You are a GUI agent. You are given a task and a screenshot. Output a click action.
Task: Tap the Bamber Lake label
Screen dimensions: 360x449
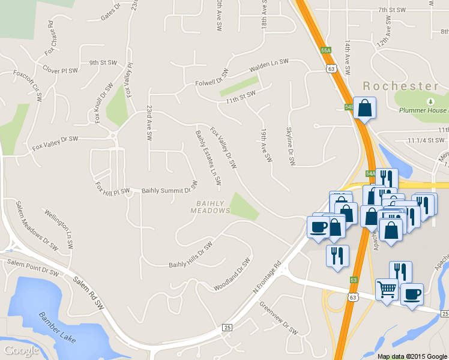point(58,327)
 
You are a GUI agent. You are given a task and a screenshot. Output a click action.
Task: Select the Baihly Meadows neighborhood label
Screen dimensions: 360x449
point(210,207)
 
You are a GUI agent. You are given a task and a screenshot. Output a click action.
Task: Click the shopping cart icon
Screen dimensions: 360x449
point(387,290)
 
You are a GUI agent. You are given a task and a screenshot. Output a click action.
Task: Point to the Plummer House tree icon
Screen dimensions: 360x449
point(430,103)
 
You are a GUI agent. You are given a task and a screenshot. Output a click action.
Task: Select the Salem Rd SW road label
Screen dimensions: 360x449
point(88,293)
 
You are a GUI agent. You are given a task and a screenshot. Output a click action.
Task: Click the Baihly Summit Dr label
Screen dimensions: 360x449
point(169,190)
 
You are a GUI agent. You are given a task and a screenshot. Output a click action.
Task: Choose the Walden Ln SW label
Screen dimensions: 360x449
point(270,63)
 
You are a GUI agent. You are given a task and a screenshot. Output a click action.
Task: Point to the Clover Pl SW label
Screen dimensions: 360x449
point(60,71)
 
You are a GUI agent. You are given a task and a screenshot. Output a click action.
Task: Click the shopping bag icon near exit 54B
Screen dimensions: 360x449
point(364,109)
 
